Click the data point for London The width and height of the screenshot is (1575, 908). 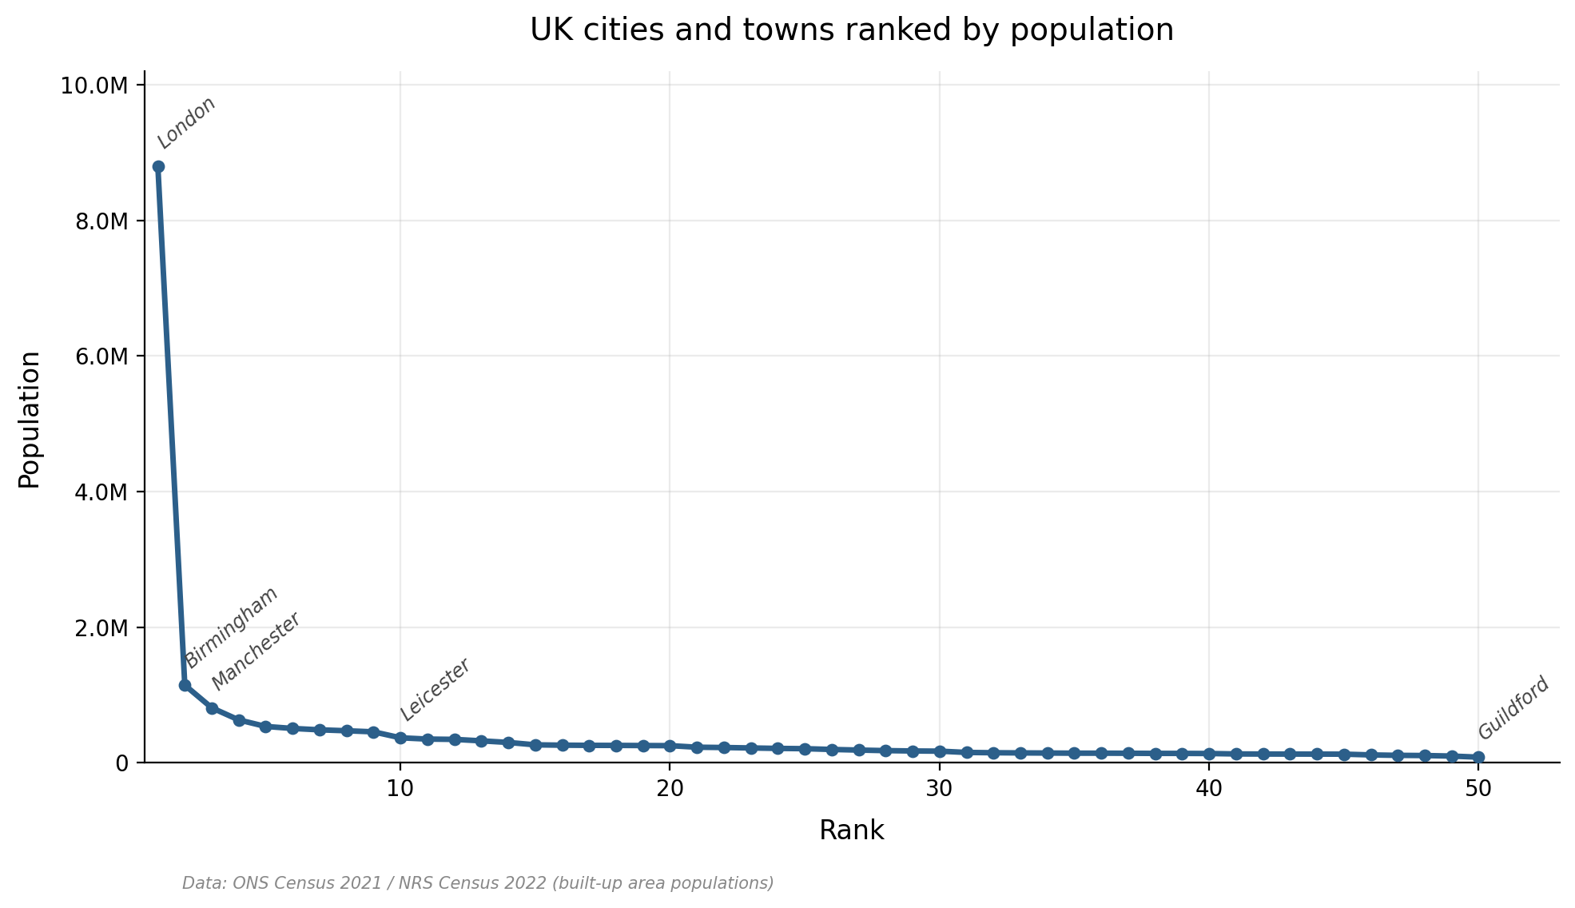158,166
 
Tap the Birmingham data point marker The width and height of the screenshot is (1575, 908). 185,685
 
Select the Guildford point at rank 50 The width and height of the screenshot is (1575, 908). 1478,757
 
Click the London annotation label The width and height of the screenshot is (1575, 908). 186,122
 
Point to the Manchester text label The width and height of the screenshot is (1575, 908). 256,651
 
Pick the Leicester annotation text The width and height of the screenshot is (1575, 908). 435,689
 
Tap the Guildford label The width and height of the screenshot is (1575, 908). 1513,708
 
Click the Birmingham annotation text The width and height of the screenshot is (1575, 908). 232,627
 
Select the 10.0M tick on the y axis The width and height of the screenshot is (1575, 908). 94,86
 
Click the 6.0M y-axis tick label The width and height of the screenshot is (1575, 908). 101,356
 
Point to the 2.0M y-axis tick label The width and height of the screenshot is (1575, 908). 101,628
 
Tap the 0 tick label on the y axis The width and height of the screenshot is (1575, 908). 121,763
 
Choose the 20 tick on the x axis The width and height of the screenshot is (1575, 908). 670,788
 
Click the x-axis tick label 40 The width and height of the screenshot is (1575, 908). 1209,788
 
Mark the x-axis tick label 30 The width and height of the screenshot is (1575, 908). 939,788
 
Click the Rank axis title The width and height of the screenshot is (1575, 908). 851,830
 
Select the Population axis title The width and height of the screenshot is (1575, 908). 30,419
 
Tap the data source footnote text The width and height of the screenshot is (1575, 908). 477,883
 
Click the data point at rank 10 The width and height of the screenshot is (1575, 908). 400,738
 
